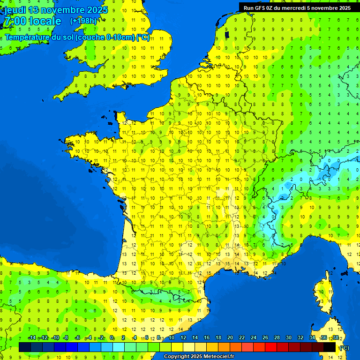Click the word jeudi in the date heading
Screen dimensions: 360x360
[15, 10]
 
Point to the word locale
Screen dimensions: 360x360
[45, 21]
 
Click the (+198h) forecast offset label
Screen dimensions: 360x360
[83, 21]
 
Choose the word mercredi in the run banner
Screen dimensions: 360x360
[303, 8]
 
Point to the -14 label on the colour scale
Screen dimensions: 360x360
[32, 338]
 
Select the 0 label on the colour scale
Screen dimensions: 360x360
[112, 338]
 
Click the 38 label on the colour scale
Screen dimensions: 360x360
[335, 338]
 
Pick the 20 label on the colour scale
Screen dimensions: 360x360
[230, 338]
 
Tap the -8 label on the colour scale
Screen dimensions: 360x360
[66, 338]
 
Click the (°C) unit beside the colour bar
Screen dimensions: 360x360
[344, 348]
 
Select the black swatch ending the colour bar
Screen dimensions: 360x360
[330, 347]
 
